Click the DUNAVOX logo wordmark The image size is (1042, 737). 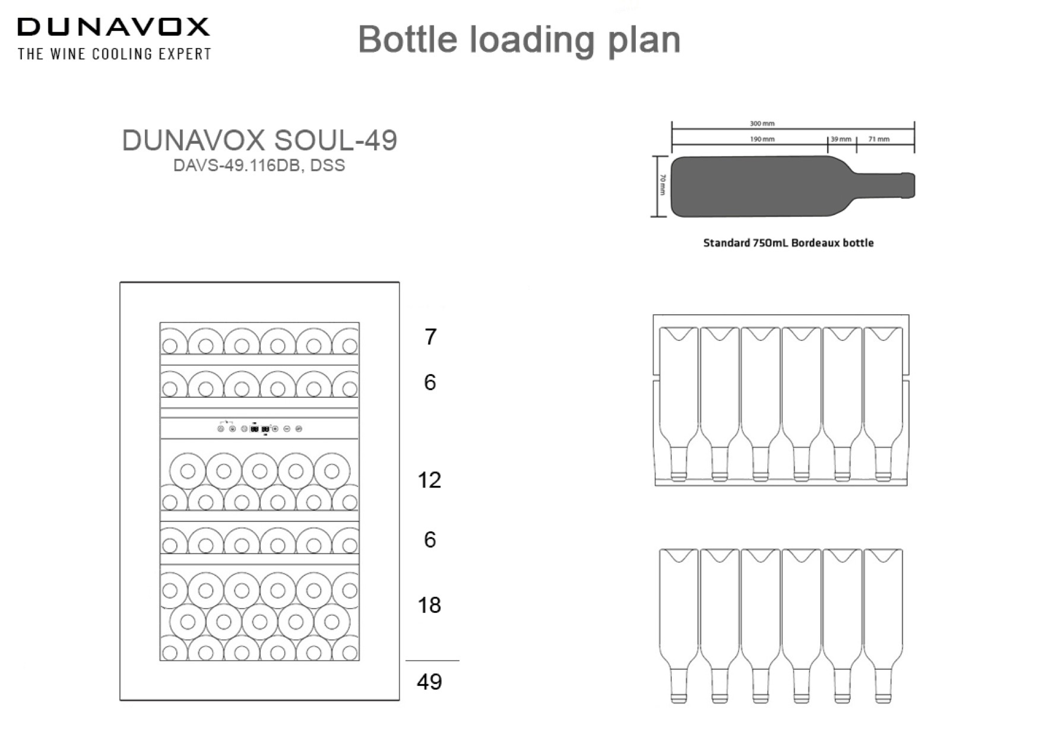[x=113, y=27]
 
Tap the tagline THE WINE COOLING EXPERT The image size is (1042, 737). [x=115, y=54]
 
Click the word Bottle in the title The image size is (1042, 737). [x=408, y=40]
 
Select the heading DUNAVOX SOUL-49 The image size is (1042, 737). [x=259, y=141]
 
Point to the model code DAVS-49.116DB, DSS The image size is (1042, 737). [x=259, y=166]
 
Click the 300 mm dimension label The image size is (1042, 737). [x=762, y=124]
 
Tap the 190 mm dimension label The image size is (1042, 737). [x=762, y=139]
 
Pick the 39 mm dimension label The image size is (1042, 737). [x=841, y=139]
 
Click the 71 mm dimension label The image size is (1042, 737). [x=879, y=139]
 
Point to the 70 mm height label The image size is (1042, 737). [x=663, y=186]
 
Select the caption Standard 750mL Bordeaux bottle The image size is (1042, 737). [x=788, y=243]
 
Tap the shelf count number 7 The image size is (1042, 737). [x=430, y=337]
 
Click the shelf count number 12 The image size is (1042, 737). [x=429, y=480]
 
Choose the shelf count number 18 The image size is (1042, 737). [x=429, y=605]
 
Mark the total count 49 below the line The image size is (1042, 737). [x=429, y=682]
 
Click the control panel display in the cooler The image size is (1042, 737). [x=259, y=428]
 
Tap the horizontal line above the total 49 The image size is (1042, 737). [x=432, y=660]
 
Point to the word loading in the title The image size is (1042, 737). [x=532, y=40]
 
